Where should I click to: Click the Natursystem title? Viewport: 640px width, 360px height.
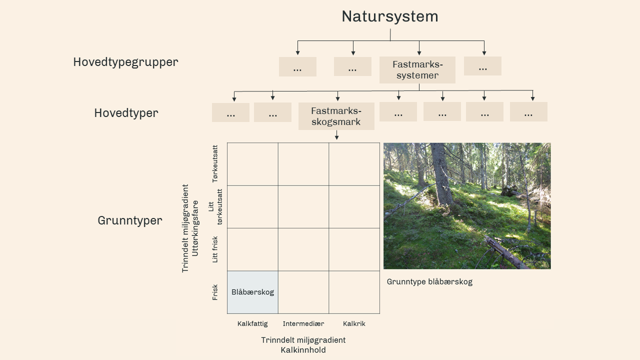(x=389, y=16)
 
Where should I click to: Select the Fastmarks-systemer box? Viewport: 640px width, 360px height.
(x=417, y=70)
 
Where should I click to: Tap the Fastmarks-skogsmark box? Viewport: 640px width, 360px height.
(x=336, y=116)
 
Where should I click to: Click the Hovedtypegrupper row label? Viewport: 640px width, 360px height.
(x=125, y=62)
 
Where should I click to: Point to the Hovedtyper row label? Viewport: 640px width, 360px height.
(x=126, y=113)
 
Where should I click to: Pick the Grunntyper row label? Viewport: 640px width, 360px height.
(x=130, y=220)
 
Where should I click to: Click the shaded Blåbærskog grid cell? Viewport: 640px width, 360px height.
(x=252, y=292)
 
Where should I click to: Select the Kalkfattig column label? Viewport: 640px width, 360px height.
(x=252, y=323)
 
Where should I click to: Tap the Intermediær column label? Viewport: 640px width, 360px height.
(x=303, y=323)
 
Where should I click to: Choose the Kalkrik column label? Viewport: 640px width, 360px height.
(x=354, y=323)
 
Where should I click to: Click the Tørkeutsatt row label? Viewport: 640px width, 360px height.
(x=215, y=163)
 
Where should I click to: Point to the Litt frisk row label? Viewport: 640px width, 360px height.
(x=215, y=249)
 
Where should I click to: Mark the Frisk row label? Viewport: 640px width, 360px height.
(x=215, y=292)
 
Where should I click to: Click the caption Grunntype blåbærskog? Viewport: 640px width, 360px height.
(x=429, y=281)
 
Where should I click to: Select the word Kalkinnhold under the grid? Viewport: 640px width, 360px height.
(x=303, y=350)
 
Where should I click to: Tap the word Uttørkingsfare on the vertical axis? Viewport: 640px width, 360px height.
(x=195, y=228)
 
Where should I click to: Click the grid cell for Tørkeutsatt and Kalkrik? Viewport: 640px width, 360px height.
(x=354, y=164)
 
